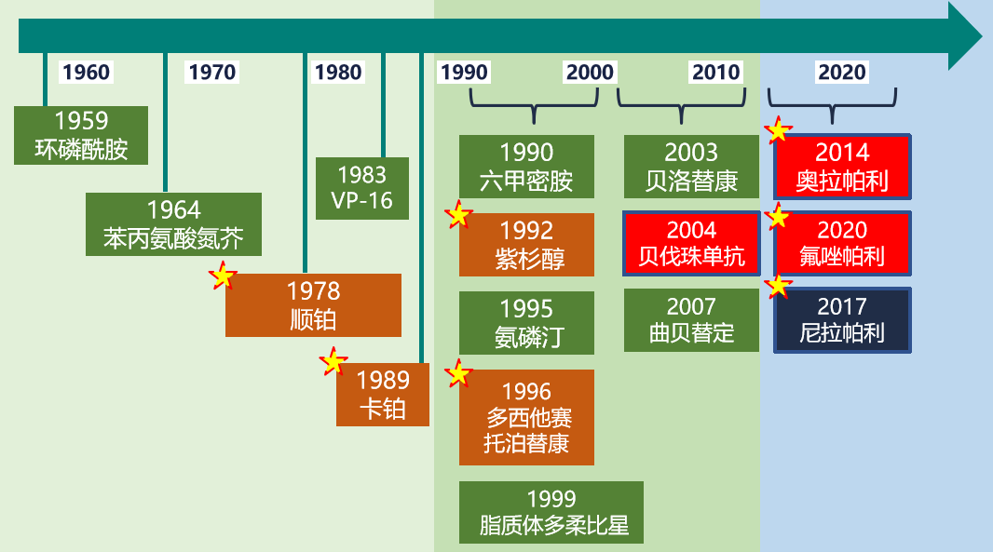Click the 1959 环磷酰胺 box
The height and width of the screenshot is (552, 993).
click(x=81, y=135)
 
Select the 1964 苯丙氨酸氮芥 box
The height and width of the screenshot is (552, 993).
click(x=173, y=224)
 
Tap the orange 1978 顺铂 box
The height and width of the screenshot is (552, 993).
click(x=313, y=305)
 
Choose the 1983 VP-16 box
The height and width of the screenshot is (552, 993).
click(x=361, y=188)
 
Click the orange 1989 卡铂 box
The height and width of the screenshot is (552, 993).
click(x=383, y=395)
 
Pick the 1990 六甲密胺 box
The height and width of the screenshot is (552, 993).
click(x=526, y=167)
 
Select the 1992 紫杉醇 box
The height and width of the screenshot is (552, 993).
click(x=526, y=245)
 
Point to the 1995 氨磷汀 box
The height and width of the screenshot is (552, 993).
click(x=526, y=323)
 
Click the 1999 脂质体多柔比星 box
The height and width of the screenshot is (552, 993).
click(x=551, y=512)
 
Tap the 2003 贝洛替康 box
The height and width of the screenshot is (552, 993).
click(x=691, y=167)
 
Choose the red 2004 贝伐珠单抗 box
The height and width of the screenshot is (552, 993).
click(x=691, y=244)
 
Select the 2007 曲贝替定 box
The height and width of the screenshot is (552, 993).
click(x=691, y=320)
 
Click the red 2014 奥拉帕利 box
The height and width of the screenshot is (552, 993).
click(x=842, y=167)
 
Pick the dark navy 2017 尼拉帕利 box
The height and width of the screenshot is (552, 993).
click(x=842, y=320)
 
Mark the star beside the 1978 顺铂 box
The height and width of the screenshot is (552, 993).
click(x=223, y=276)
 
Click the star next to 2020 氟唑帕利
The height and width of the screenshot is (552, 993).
click(x=777, y=218)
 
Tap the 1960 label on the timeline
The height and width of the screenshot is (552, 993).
click(x=86, y=73)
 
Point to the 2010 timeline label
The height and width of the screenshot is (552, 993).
click(x=715, y=73)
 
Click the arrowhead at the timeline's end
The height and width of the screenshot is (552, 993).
click(x=965, y=36)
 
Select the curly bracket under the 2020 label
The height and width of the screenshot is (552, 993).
click(x=832, y=102)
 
